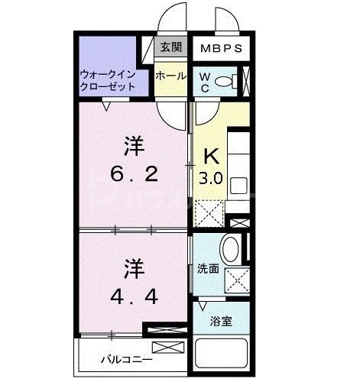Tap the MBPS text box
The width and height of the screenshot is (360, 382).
coord(221,48)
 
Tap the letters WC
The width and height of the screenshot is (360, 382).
coord(206,82)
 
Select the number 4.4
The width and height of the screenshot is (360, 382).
coord(132,294)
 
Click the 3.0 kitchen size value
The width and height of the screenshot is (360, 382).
coord(211,180)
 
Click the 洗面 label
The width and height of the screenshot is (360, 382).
coord(207,269)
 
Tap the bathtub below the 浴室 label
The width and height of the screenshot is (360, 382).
coord(222,354)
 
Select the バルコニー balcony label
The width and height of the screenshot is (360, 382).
coord(126,358)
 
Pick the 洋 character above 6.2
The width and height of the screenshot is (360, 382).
coord(132,144)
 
